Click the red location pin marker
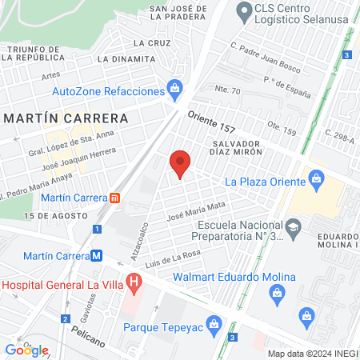click(x=180, y=163)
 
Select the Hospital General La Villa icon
click(x=134, y=282)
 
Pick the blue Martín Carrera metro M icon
click(x=96, y=256)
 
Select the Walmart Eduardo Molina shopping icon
click(x=277, y=292)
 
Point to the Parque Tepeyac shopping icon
click(x=213, y=324)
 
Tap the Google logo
click(x=27, y=350)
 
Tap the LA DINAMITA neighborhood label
click(x=126, y=59)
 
